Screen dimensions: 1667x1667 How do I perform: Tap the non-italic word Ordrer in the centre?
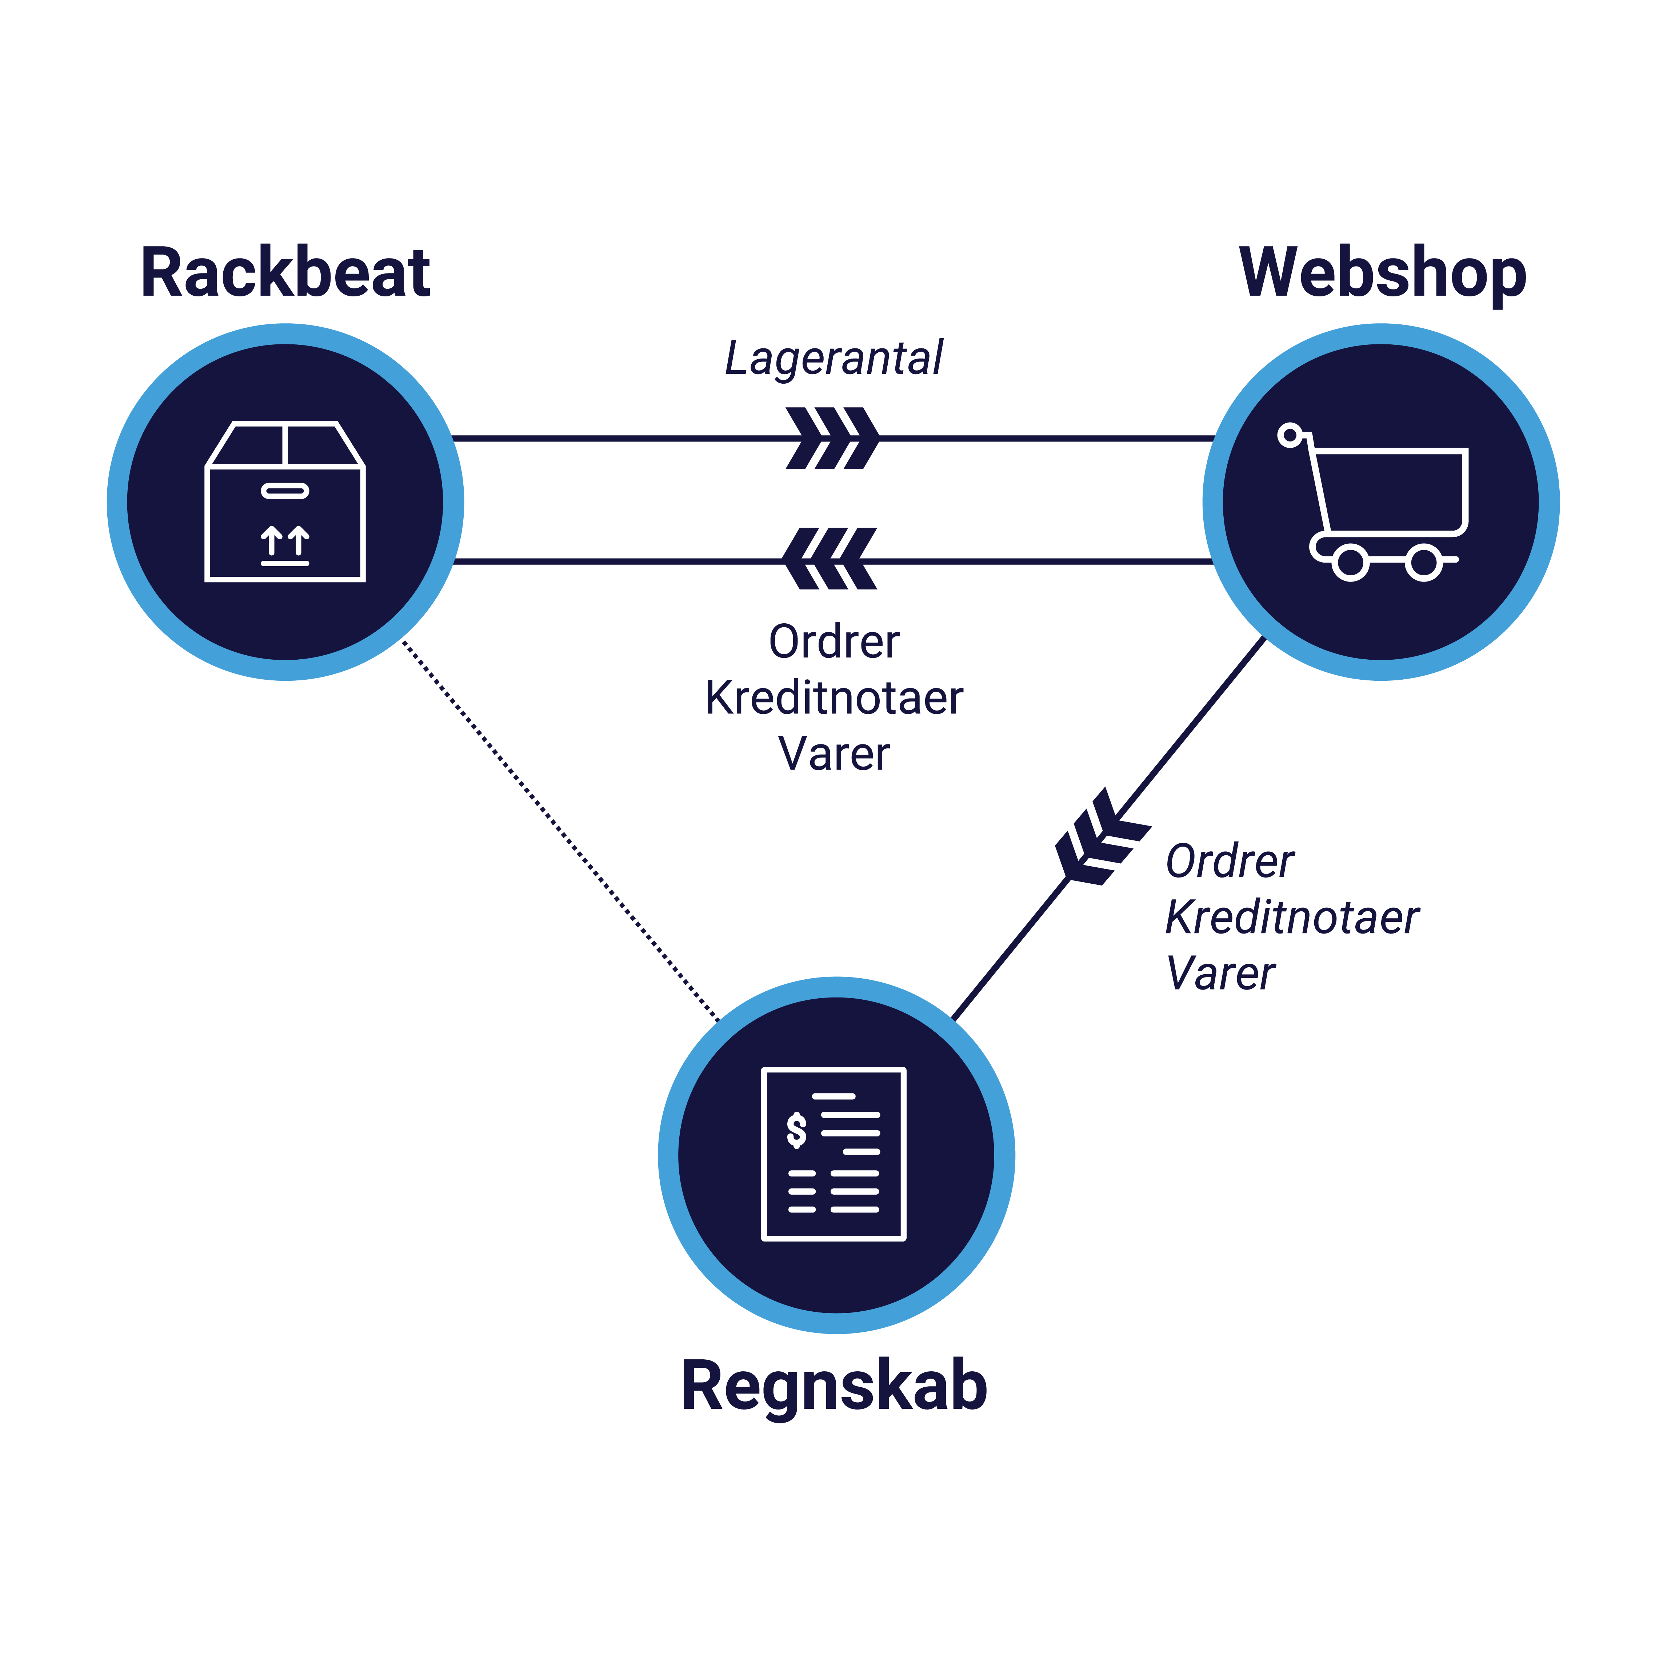[833, 642]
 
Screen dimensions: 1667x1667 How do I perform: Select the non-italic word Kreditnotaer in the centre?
[833, 698]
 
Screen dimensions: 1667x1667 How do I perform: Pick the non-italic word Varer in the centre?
[833, 754]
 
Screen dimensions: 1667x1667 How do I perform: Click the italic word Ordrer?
[1230, 862]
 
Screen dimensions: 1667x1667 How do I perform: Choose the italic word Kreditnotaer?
[1292, 917]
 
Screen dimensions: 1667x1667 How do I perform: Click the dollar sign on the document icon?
[796, 1130]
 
